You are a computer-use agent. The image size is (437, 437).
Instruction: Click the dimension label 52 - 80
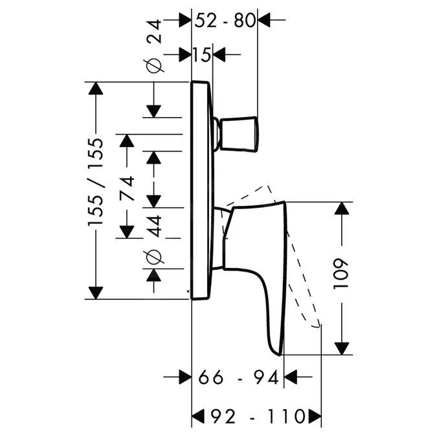point(225,21)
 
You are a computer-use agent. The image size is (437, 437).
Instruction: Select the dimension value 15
point(202,55)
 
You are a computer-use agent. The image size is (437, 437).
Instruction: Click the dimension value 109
point(342,274)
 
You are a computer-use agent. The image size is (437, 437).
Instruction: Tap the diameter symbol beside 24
point(153,66)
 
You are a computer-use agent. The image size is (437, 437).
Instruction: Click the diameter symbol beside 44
point(153,256)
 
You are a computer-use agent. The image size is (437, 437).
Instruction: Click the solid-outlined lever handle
point(259,259)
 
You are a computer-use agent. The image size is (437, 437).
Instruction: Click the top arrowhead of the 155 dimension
point(95,89)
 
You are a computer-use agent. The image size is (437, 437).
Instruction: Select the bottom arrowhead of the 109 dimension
point(342,348)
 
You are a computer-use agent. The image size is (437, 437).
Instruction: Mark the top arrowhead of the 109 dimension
point(342,208)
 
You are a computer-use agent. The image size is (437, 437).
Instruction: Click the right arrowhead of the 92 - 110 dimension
point(314,414)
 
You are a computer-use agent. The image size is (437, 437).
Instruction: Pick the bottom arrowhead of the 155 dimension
point(95,292)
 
